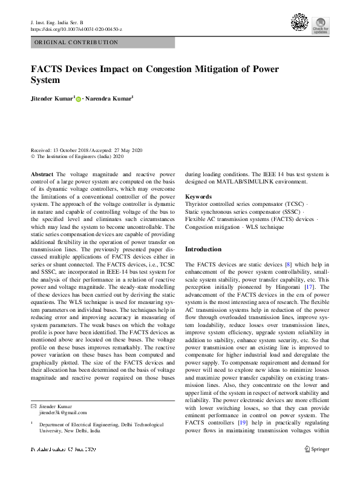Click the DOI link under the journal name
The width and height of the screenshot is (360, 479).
[x=76, y=28]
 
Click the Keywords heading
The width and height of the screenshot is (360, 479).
[x=198, y=197]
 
